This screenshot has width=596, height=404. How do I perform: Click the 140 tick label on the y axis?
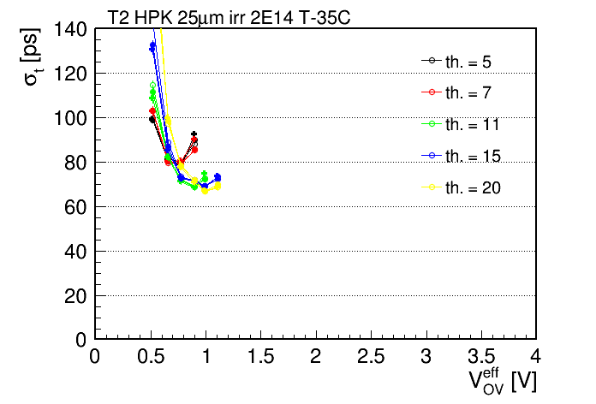click(70, 29)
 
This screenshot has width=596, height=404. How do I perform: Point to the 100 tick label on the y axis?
click(70, 118)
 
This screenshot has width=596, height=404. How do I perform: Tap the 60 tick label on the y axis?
click(75, 207)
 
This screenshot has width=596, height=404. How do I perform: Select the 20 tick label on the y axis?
click(75, 296)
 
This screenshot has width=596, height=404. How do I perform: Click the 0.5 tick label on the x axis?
click(152, 356)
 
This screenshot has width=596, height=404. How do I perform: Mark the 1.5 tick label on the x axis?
click(260, 356)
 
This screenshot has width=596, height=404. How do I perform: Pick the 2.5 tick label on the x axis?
click(371, 356)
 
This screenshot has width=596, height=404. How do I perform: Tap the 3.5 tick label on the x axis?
click(481, 356)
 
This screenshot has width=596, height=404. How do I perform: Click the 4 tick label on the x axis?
click(535, 356)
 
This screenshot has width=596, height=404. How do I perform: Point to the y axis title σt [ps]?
click(31, 57)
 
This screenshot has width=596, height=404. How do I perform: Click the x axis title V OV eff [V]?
click(503, 381)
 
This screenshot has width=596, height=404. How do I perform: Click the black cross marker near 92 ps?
click(194, 134)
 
